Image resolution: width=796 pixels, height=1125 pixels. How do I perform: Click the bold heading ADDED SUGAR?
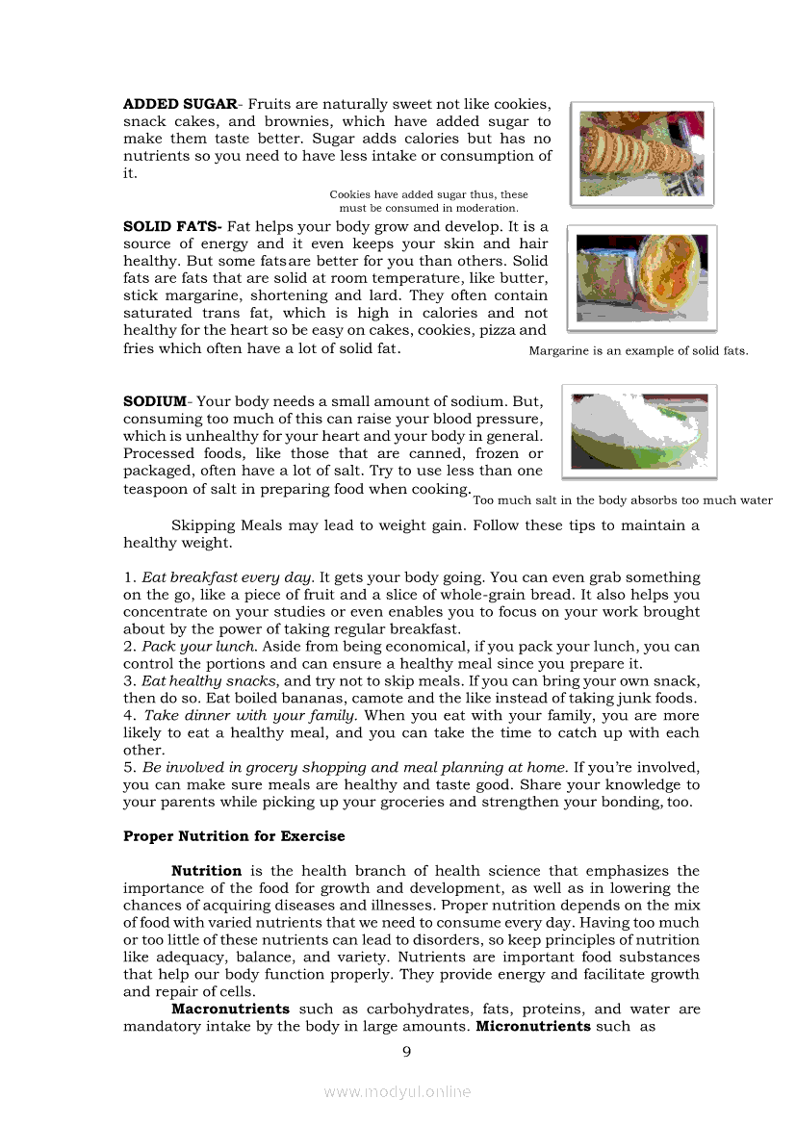click(179, 104)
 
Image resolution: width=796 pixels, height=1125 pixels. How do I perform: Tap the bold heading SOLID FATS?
click(172, 227)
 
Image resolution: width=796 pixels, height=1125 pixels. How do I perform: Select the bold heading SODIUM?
click(155, 400)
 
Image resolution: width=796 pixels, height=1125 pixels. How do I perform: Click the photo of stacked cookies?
click(641, 153)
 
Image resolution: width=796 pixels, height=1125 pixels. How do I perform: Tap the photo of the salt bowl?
click(639, 431)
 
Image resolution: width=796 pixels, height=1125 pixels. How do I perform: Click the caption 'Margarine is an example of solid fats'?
click(638, 351)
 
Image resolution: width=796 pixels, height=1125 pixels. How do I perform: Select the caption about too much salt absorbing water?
click(623, 500)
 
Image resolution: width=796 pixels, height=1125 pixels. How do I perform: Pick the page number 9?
click(406, 1051)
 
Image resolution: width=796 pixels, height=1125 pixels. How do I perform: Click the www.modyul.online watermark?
click(398, 1091)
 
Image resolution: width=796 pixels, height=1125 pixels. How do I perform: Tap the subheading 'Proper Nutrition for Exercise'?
click(234, 836)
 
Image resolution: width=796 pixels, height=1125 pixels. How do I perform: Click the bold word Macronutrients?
click(230, 1010)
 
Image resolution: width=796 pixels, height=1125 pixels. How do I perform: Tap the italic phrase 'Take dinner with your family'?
click(251, 716)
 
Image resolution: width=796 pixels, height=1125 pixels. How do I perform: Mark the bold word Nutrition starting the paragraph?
click(206, 871)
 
